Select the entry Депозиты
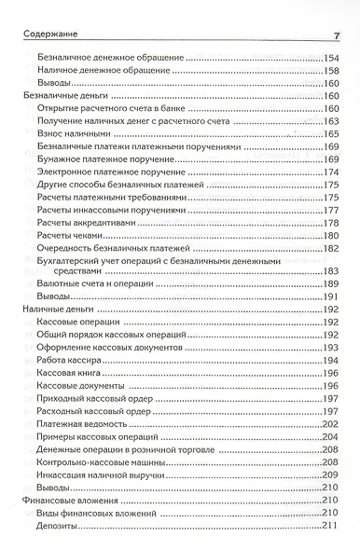(59, 529)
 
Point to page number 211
(329, 529)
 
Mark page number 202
(329, 425)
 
